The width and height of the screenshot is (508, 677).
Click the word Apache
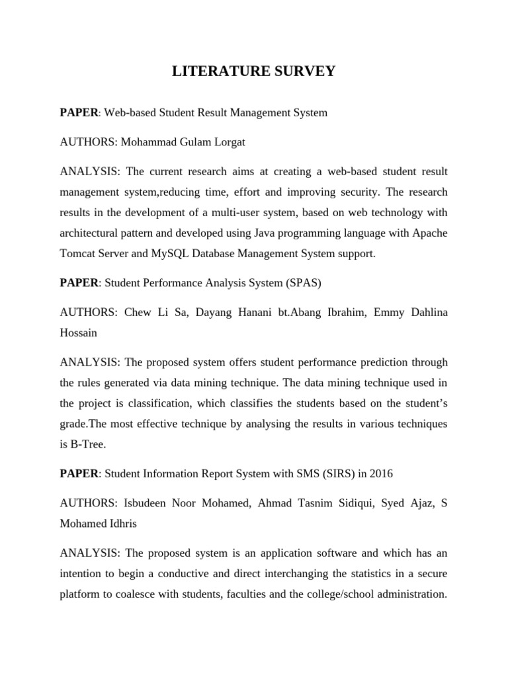tap(430, 233)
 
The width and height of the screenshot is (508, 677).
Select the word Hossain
tap(78, 333)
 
